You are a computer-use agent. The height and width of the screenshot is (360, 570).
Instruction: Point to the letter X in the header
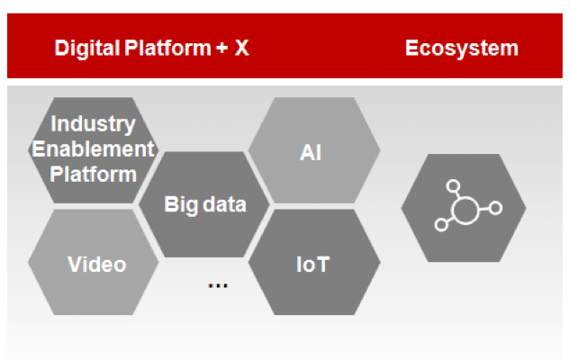241,49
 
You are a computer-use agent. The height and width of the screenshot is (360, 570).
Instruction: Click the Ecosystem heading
461,48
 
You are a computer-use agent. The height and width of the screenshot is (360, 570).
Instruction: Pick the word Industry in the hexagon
93,122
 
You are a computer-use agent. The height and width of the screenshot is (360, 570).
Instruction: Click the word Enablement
93,148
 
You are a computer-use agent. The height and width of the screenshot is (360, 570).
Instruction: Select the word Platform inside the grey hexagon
93,172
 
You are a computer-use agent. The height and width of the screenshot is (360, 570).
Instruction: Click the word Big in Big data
179,203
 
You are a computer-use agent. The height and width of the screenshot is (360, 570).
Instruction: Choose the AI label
311,151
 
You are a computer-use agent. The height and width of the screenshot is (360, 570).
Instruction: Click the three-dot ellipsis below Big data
217,284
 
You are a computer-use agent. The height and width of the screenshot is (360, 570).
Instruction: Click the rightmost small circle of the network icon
495,209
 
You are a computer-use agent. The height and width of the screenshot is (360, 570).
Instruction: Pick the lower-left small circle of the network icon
440,226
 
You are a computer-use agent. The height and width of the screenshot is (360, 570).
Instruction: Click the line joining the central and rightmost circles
484,210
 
